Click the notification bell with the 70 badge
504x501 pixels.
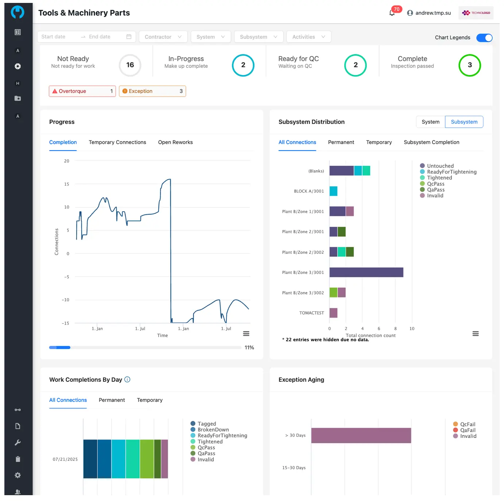pyautogui.click(x=392, y=13)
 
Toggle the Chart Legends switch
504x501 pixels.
pyautogui.click(x=484, y=38)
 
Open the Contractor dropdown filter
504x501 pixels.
pyautogui.click(x=163, y=37)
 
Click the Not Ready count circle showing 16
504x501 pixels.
pyautogui.click(x=130, y=65)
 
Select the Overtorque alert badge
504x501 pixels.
pyautogui.click(x=82, y=91)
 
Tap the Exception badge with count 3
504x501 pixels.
pyautogui.click(x=152, y=91)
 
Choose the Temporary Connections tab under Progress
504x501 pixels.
pyautogui.click(x=117, y=142)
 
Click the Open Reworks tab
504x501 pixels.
pyautogui.click(x=175, y=142)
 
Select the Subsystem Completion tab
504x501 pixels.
pyautogui.click(x=431, y=142)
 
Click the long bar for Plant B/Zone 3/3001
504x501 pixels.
pyautogui.click(x=366, y=272)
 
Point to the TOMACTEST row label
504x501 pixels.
pyautogui.click(x=311, y=313)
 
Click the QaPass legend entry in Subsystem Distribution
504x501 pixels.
pyautogui.click(x=435, y=190)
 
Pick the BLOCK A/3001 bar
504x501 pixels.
pyautogui.click(x=333, y=191)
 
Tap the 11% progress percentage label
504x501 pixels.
pyautogui.click(x=249, y=347)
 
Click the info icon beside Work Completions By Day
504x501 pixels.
pyautogui.click(x=127, y=380)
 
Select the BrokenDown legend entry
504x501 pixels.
pyautogui.click(x=213, y=430)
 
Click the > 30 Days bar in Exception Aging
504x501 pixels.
pyautogui.click(x=361, y=435)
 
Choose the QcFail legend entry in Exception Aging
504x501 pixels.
pyautogui.click(x=467, y=424)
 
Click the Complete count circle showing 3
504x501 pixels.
pyautogui.click(x=470, y=65)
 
